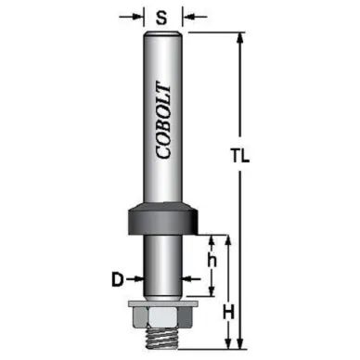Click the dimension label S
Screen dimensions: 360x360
(x=161, y=18)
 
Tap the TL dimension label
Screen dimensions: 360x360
(x=240, y=156)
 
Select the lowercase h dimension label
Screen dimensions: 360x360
(x=212, y=262)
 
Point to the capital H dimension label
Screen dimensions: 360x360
(x=229, y=314)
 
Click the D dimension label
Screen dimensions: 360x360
(x=118, y=280)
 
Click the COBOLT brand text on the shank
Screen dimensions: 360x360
(x=163, y=120)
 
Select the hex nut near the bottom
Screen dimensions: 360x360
(x=163, y=317)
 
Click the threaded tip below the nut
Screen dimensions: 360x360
(x=162, y=338)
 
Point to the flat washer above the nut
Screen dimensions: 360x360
(x=163, y=303)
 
